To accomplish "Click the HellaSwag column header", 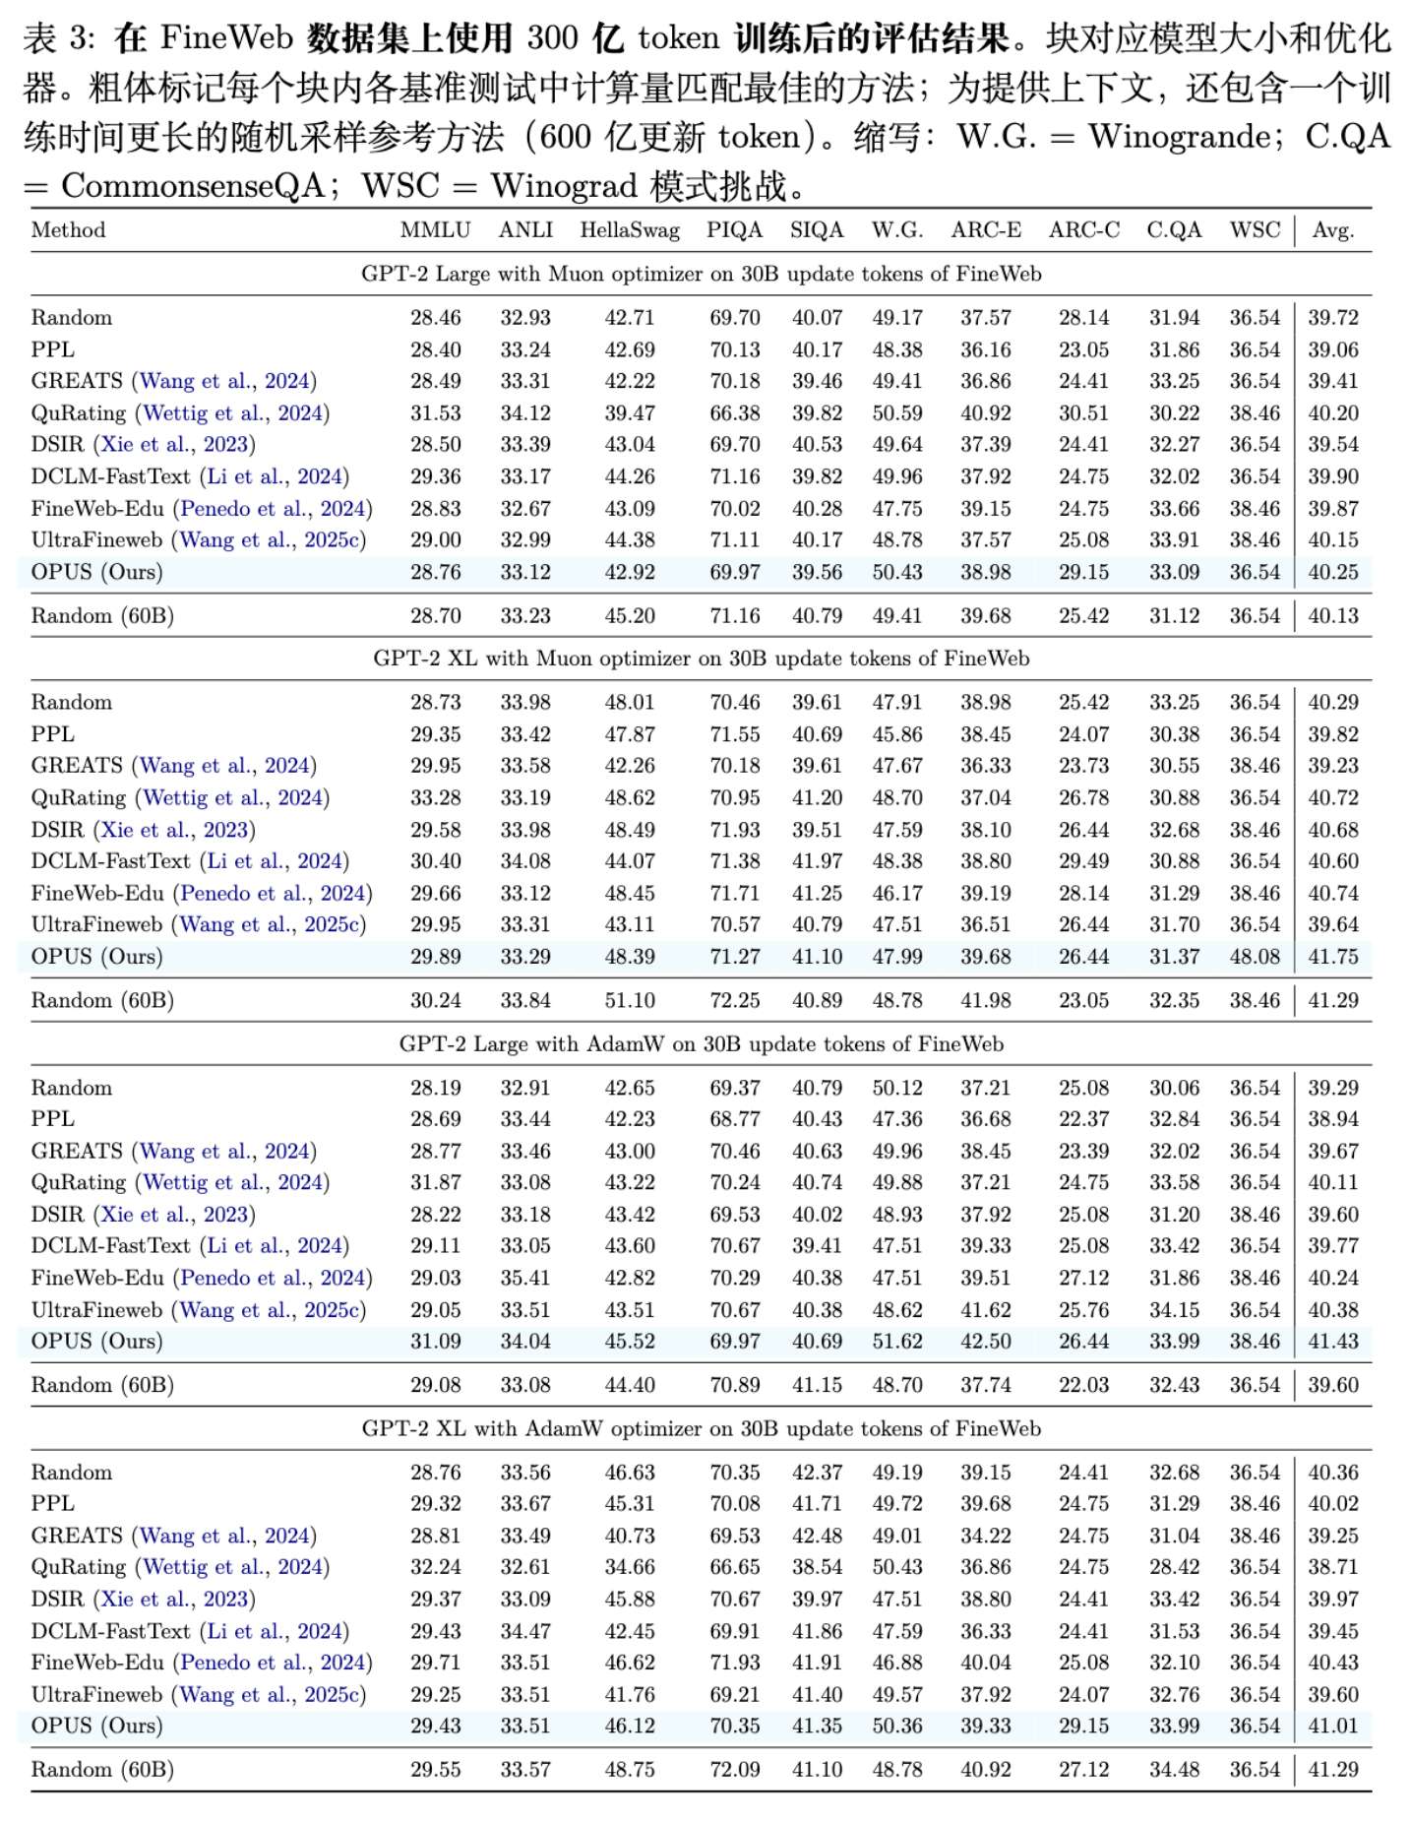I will coord(630,230).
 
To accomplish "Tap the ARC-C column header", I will coord(1083,230).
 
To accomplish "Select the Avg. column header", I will coord(1333,230).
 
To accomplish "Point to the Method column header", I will coord(68,230).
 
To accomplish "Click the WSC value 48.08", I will coord(1255,957).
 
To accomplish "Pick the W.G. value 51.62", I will coord(897,1342).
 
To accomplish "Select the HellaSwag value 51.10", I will coord(630,1001).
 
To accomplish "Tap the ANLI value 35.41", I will coord(525,1278).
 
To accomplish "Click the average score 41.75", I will coord(1333,957).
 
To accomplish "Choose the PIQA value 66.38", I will coord(735,413).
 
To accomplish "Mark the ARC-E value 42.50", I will coord(986,1342).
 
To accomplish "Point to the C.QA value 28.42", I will coord(1174,1567).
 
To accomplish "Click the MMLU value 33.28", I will coord(436,798).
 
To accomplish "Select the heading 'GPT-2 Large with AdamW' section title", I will coord(701,1044).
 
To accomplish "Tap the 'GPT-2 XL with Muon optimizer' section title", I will coord(701,659).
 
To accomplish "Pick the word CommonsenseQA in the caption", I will coord(193,185).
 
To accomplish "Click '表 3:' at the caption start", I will coord(59,38).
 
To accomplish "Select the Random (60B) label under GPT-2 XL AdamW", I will coord(102,1770).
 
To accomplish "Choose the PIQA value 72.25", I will coord(735,1001).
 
